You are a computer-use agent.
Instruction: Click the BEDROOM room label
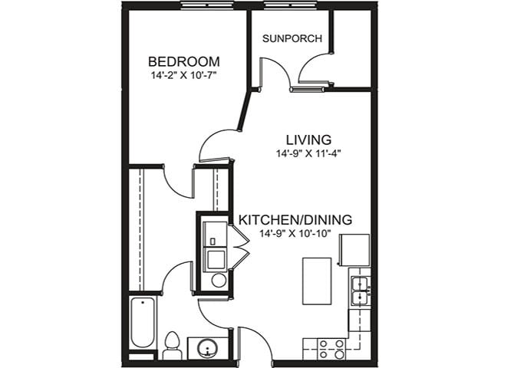184,61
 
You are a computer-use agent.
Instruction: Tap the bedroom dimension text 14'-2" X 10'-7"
184,75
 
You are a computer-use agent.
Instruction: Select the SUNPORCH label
292,38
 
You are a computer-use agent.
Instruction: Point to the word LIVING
308,140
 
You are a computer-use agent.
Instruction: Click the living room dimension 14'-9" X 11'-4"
308,153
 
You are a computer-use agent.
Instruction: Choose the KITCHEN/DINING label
295,220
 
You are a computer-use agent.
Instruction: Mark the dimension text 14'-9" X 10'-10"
295,234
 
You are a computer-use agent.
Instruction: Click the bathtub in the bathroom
143,322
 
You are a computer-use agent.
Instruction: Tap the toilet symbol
173,346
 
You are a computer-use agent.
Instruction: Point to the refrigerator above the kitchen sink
354,250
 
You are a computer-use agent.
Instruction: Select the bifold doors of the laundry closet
239,250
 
